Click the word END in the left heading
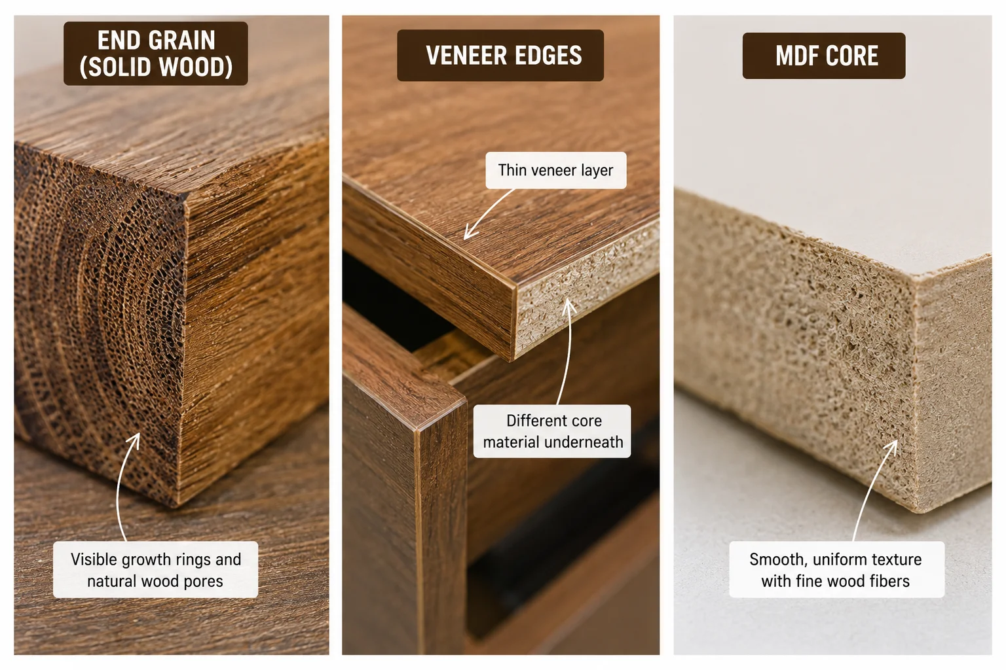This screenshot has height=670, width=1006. click(x=118, y=41)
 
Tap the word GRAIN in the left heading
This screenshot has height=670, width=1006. click(x=182, y=41)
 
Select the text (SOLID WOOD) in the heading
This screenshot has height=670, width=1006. click(x=156, y=67)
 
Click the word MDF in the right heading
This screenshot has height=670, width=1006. click(x=796, y=56)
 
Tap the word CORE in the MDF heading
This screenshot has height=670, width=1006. click(x=852, y=56)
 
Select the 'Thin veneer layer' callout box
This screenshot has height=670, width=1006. click(x=556, y=171)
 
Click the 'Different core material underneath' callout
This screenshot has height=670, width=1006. click(x=552, y=431)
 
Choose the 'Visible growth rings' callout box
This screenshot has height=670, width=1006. click(x=155, y=569)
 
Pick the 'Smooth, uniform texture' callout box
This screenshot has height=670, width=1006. click(x=836, y=569)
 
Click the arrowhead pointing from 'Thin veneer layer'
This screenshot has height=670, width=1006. click(x=468, y=234)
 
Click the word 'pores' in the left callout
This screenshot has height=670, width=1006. click(x=204, y=582)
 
